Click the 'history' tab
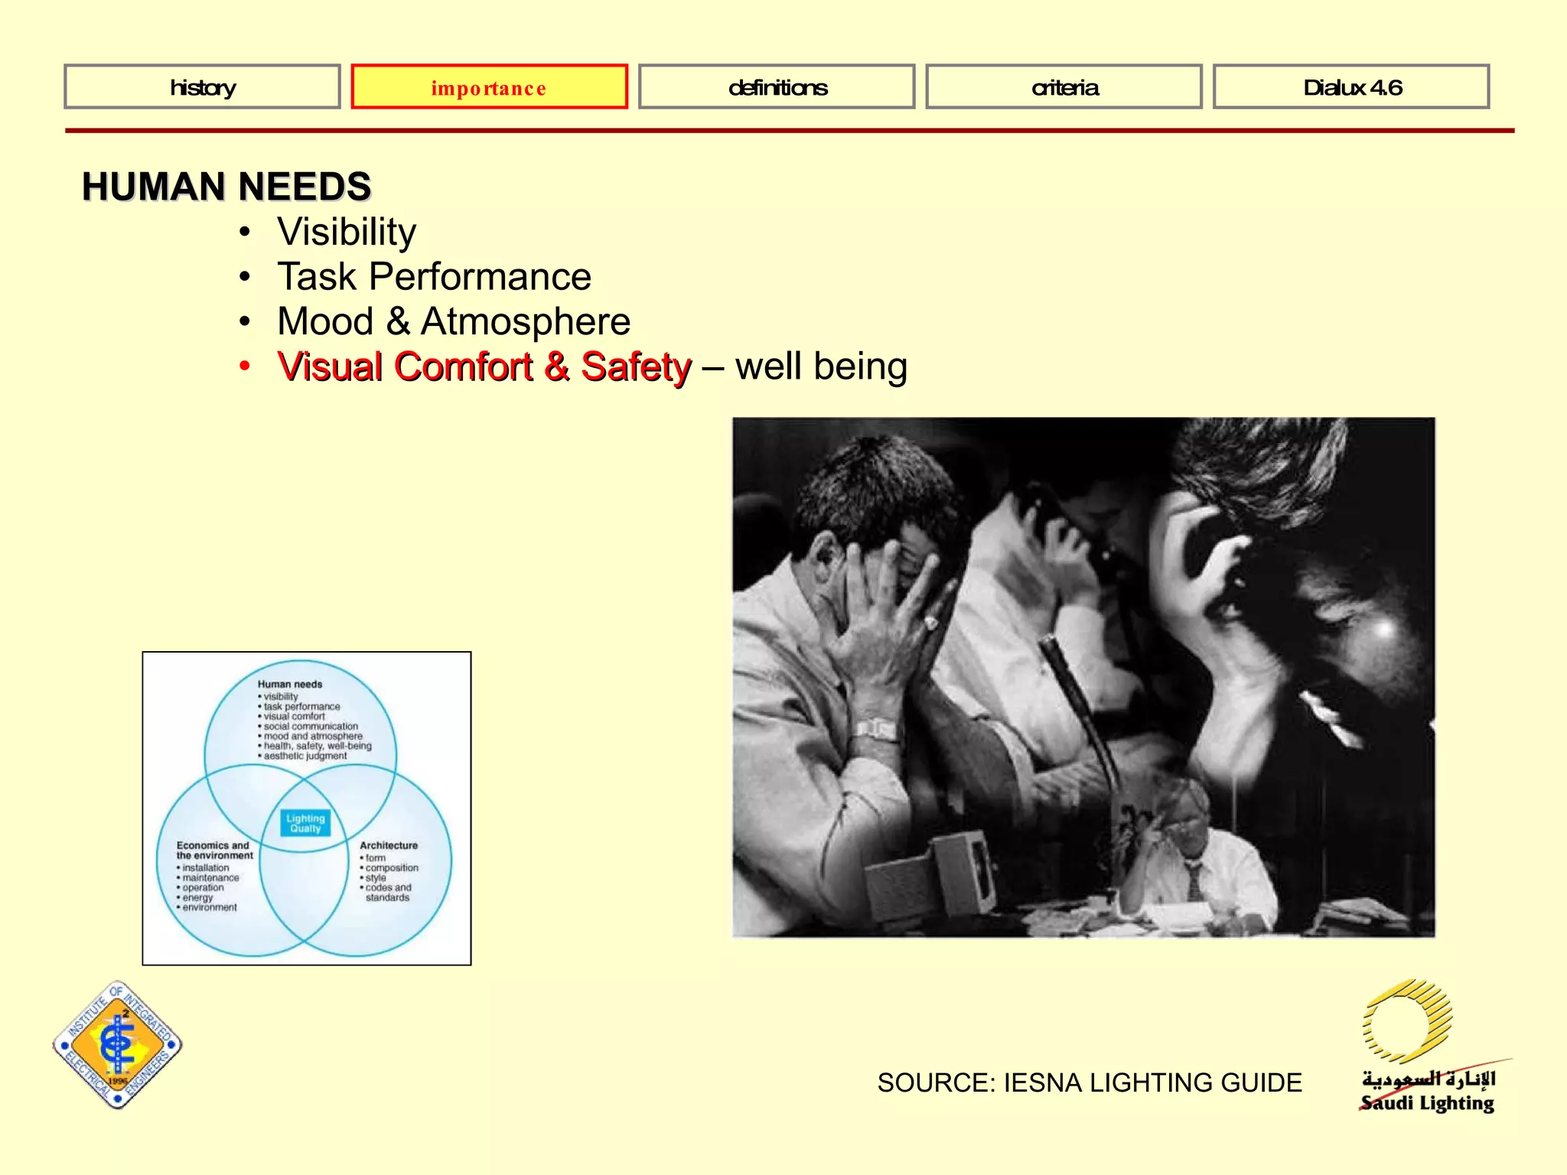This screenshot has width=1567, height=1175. pyautogui.click(x=203, y=87)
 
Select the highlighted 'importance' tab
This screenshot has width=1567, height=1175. pyautogui.click(x=489, y=87)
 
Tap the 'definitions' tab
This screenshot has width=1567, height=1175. pyautogui.click(x=777, y=87)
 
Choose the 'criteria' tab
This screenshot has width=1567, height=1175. pyautogui.click(x=1064, y=87)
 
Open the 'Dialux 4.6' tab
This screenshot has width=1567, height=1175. pyautogui.click(x=1351, y=87)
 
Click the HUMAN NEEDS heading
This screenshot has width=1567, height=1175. pyautogui.click(x=226, y=187)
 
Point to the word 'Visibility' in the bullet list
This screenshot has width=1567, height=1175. pyautogui.click(x=347, y=232)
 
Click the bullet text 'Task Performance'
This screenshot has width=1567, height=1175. pyautogui.click(x=434, y=276)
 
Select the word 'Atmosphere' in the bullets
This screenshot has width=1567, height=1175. pyautogui.click(x=526, y=321)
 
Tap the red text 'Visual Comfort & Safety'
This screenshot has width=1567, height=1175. pyautogui.click(x=484, y=366)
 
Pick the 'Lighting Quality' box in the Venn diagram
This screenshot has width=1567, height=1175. pyautogui.click(x=305, y=823)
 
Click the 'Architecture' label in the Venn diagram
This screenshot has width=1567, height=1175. pyautogui.click(x=389, y=845)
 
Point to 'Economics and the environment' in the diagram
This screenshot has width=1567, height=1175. pyautogui.click(x=214, y=850)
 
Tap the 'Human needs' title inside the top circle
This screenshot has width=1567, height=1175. pyautogui.click(x=290, y=684)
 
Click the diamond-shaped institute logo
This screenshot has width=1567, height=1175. pyautogui.click(x=118, y=1045)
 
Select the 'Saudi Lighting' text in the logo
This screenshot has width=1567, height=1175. pyautogui.click(x=1428, y=1103)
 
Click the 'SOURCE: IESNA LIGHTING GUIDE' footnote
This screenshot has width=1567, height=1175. pyautogui.click(x=1090, y=1082)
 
